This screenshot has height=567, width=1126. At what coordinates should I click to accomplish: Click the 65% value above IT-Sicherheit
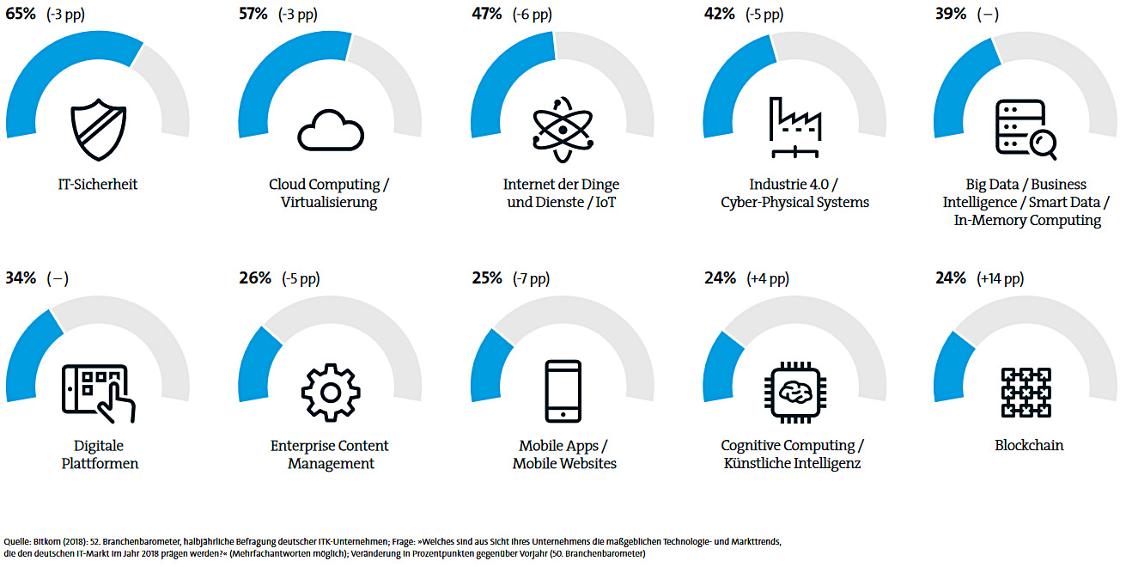[x=21, y=15]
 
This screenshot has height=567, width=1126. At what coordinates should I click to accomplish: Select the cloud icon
[x=331, y=131]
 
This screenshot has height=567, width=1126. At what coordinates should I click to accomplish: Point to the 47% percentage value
[x=486, y=15]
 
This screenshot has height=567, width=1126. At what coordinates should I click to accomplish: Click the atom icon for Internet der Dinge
[x=563, y=130]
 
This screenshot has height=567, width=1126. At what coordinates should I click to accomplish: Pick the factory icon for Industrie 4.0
[x=794, y=127]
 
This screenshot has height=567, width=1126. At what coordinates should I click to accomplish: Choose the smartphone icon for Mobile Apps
[x=563, y=392]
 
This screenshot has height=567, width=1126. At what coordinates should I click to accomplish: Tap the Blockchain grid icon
[x=1027, y=393]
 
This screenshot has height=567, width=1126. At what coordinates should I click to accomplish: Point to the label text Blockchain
[x=1028, y=446]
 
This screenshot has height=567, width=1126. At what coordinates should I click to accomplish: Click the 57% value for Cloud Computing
[x=254, y=15]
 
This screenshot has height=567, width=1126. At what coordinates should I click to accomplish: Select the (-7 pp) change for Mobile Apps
[x=531, y=278]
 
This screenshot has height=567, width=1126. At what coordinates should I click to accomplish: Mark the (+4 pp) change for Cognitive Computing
[x=767, y=278]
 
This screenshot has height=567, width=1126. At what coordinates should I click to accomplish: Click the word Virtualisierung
[x=329, y=203]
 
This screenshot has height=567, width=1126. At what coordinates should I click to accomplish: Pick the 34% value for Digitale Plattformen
[x=21, y=278]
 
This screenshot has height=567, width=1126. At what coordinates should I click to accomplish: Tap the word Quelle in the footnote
[x=17, y=542]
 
